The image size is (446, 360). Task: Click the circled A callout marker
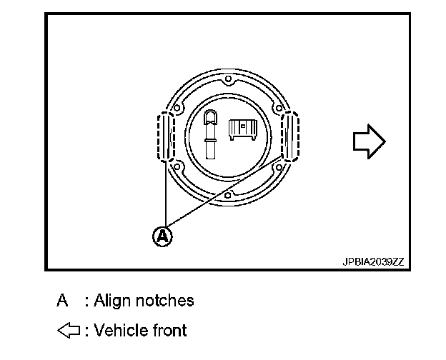(164, 236)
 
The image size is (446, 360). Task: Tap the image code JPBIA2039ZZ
(373, 261)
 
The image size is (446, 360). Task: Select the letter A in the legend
(63, 301)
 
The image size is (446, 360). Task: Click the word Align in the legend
(113, 301)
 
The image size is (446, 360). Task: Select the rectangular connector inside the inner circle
(242, 129)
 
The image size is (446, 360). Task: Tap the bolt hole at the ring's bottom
(227, 195)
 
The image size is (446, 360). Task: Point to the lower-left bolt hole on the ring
(177, 168)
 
